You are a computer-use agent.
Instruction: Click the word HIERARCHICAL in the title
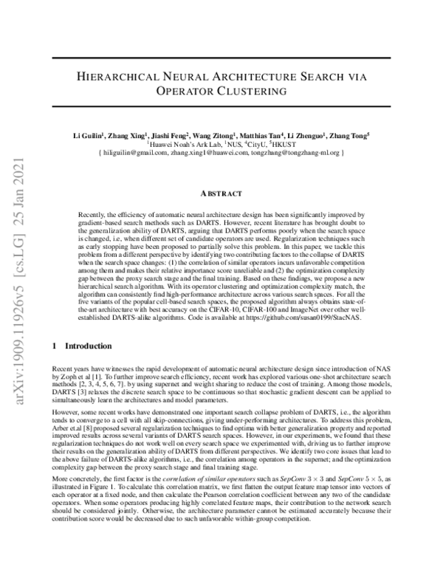pyautogui.click(x=120, y=76)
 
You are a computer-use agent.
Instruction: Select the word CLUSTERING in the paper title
pyautogui.click(x=256, y=92)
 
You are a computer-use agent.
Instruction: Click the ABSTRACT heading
pyautogui.click(x=221, y=193)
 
